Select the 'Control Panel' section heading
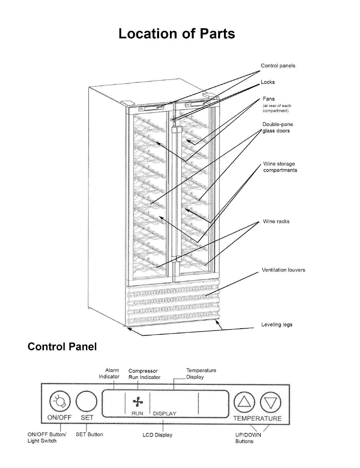coord(62,346)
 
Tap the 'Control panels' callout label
coord(278,66)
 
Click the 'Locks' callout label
coord(268,82)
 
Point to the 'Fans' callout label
coord(269,99)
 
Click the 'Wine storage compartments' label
coord(280,167)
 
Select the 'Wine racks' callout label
coord(276,222)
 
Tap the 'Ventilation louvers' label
coord(283,270)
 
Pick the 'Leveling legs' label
coord(277,324)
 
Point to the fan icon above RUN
coord(138,402)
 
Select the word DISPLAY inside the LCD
coord(165,414)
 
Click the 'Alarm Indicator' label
coord(109,373)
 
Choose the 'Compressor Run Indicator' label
coord(144,374)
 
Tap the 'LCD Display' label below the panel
coord(157,435)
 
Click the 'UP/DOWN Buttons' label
coord(248,438)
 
